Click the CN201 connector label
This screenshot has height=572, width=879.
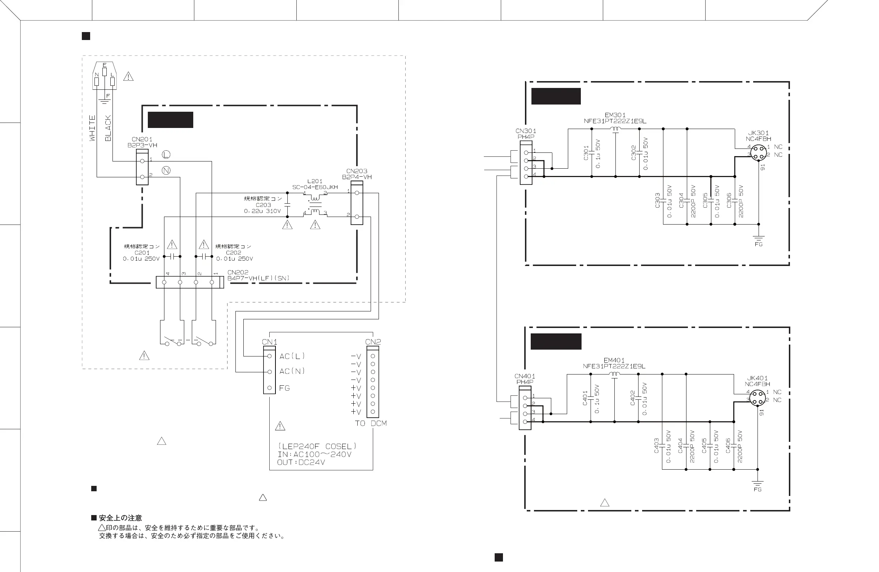click(142, 139)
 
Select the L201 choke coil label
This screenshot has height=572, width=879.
click(315, 181)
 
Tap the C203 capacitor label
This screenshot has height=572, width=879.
click(263, 205)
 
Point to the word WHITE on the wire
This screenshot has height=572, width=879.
click(92, 128)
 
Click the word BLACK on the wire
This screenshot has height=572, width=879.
click(108, 128)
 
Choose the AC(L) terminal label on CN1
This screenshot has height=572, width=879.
click(292, 356)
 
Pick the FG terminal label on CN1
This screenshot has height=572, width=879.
click(284, 388)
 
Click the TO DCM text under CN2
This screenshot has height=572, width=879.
click(371, 423)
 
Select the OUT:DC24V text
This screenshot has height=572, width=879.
click(301, 462)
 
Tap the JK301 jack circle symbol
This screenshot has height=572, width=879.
click(759, 152)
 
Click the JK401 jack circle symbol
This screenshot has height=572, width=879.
click(757, 398)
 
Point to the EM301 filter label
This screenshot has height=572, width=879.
click(615, 115)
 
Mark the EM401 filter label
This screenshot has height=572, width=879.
click(614, 360)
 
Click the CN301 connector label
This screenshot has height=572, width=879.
click(526, 131)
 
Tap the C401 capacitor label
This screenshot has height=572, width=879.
click(585, 398)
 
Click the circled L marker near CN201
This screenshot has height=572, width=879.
click(167, 155)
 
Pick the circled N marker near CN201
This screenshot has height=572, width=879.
click(167, 170)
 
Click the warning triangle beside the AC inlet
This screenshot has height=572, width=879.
click(128, 77)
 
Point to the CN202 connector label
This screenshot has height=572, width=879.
click(238, 272)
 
